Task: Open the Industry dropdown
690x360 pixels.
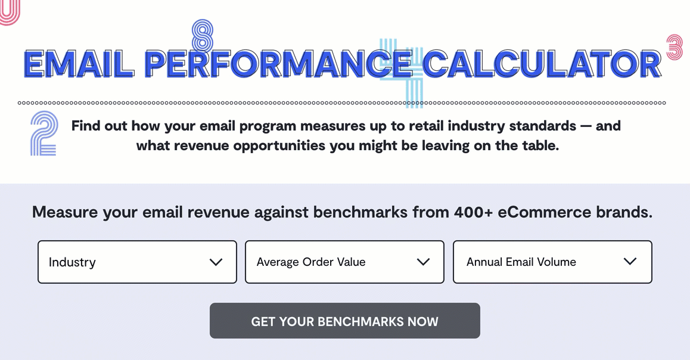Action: pyautogui.click(x=137, y=262)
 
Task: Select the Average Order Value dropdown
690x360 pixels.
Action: pyautogui.click(x=344, y=262)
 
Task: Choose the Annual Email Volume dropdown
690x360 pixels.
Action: pyautogui.click(x=552, y=262)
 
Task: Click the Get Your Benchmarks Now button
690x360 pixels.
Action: pyautogui.click(x=344, y=321)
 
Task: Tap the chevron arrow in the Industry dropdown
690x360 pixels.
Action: pyautogui.click(x=216, y=262)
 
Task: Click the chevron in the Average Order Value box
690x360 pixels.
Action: pyautogui.click(x=423, y=262)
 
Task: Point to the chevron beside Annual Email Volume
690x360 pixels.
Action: pyautogui.click(x=630, y=262)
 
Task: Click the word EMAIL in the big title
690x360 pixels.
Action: pyautogui.click(x=79, y=64)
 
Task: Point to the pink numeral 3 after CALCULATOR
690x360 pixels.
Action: pyautogui.click(x=675, y=48)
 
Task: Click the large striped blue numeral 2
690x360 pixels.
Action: pyautogui.click(x=44, y=134)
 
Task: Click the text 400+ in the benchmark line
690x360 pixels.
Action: pyautogui.click(x=473, y=212)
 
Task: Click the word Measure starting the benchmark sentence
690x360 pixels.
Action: pyautogui.click(x=65, y=212)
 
